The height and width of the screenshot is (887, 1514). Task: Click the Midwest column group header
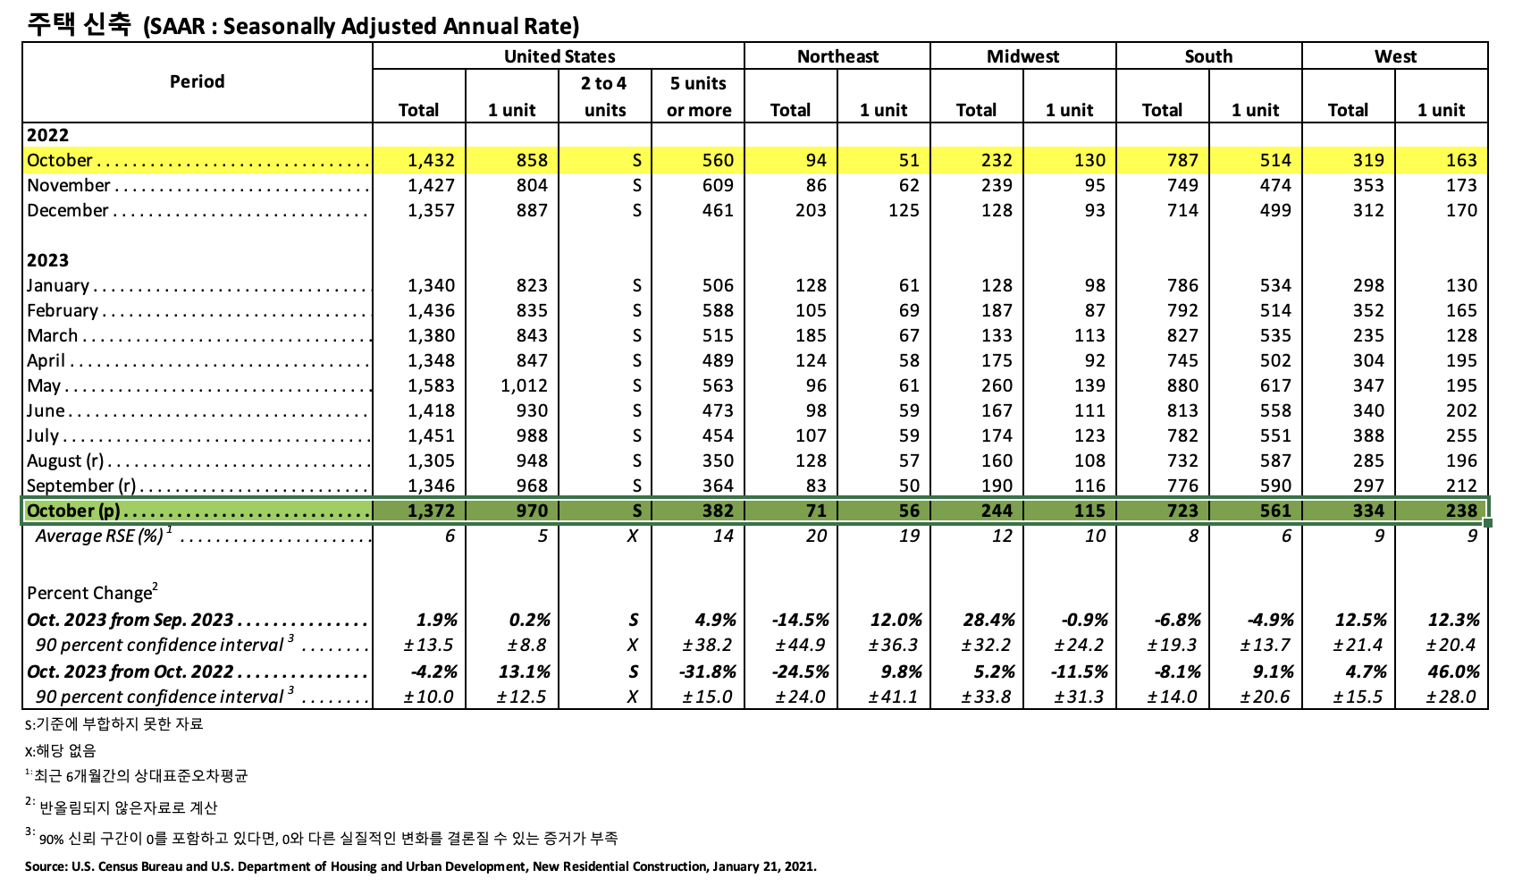tap(1022, 56)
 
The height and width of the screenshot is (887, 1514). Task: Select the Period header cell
tap(197, 81)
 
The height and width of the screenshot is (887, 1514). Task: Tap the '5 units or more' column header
tap(698, 97)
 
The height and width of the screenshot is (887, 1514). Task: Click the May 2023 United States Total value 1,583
tap(431, 385)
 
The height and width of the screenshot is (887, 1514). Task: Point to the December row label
tap(68, 210)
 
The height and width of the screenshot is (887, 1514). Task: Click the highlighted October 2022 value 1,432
tap(431, 160)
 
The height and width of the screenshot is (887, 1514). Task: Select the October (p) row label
tap(73, 511)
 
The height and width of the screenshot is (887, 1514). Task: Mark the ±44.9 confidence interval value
tap(800, 645)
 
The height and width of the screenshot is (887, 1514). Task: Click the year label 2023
tap(48, 260)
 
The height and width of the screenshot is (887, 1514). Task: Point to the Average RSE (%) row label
tap(99, 536)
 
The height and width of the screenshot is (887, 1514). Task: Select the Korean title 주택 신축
tap(79, 24)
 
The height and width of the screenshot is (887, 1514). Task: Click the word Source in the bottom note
tap(45, 866)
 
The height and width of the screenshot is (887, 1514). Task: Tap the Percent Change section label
tap(89, 593)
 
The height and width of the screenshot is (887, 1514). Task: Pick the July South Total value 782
tap(1182, 435)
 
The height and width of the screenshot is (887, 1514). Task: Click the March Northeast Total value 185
tap(810, 335)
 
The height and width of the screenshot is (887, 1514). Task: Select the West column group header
tap(1394, 56)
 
